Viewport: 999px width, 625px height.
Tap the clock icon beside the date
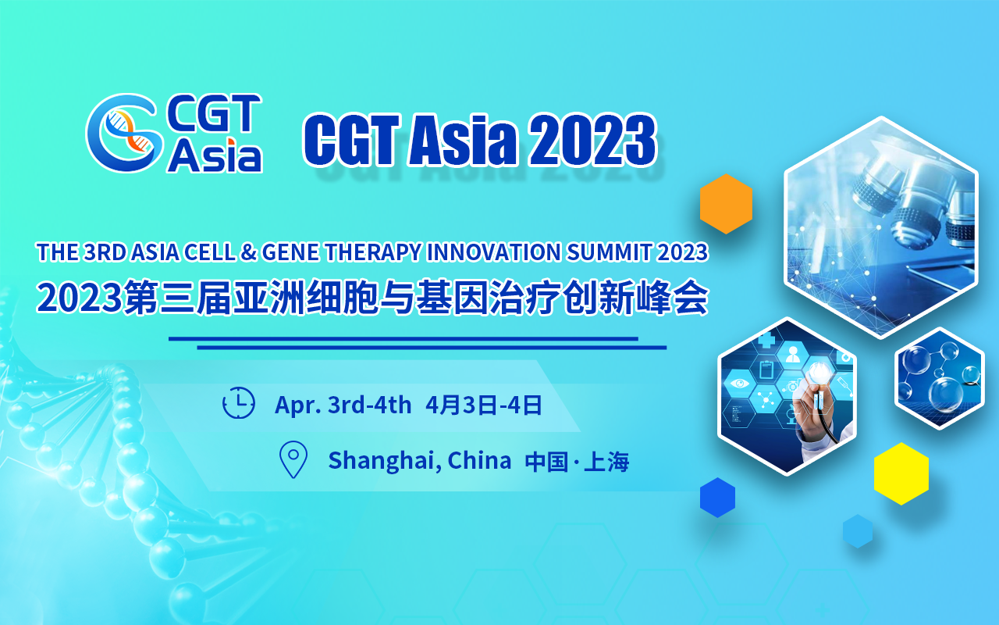tap(239, 402)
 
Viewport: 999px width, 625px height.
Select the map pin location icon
tap(293, 459)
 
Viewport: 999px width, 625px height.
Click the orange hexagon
tap(726, 204)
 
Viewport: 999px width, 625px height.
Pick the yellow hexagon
tap(901, 473)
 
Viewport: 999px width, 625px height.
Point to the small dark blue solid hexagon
tap(717, 498)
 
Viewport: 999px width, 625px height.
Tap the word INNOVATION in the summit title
tap(494, 252)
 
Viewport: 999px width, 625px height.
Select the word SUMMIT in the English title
tap(609, 252)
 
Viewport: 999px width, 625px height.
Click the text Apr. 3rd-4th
tap(343, 405)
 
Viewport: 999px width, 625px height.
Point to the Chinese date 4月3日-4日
tap(483, 405)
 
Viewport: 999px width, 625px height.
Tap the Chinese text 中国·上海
tap(577, 461)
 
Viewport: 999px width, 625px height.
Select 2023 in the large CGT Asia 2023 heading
tap(592, 139)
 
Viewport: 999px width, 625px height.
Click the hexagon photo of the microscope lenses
tap(881, 227)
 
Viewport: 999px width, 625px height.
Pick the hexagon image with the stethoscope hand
tap(787, 396)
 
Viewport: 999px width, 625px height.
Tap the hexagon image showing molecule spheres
tap(939, 378)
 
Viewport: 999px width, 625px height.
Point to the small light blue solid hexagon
tap(857, 531)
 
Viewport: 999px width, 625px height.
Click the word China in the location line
tap(479, 460)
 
